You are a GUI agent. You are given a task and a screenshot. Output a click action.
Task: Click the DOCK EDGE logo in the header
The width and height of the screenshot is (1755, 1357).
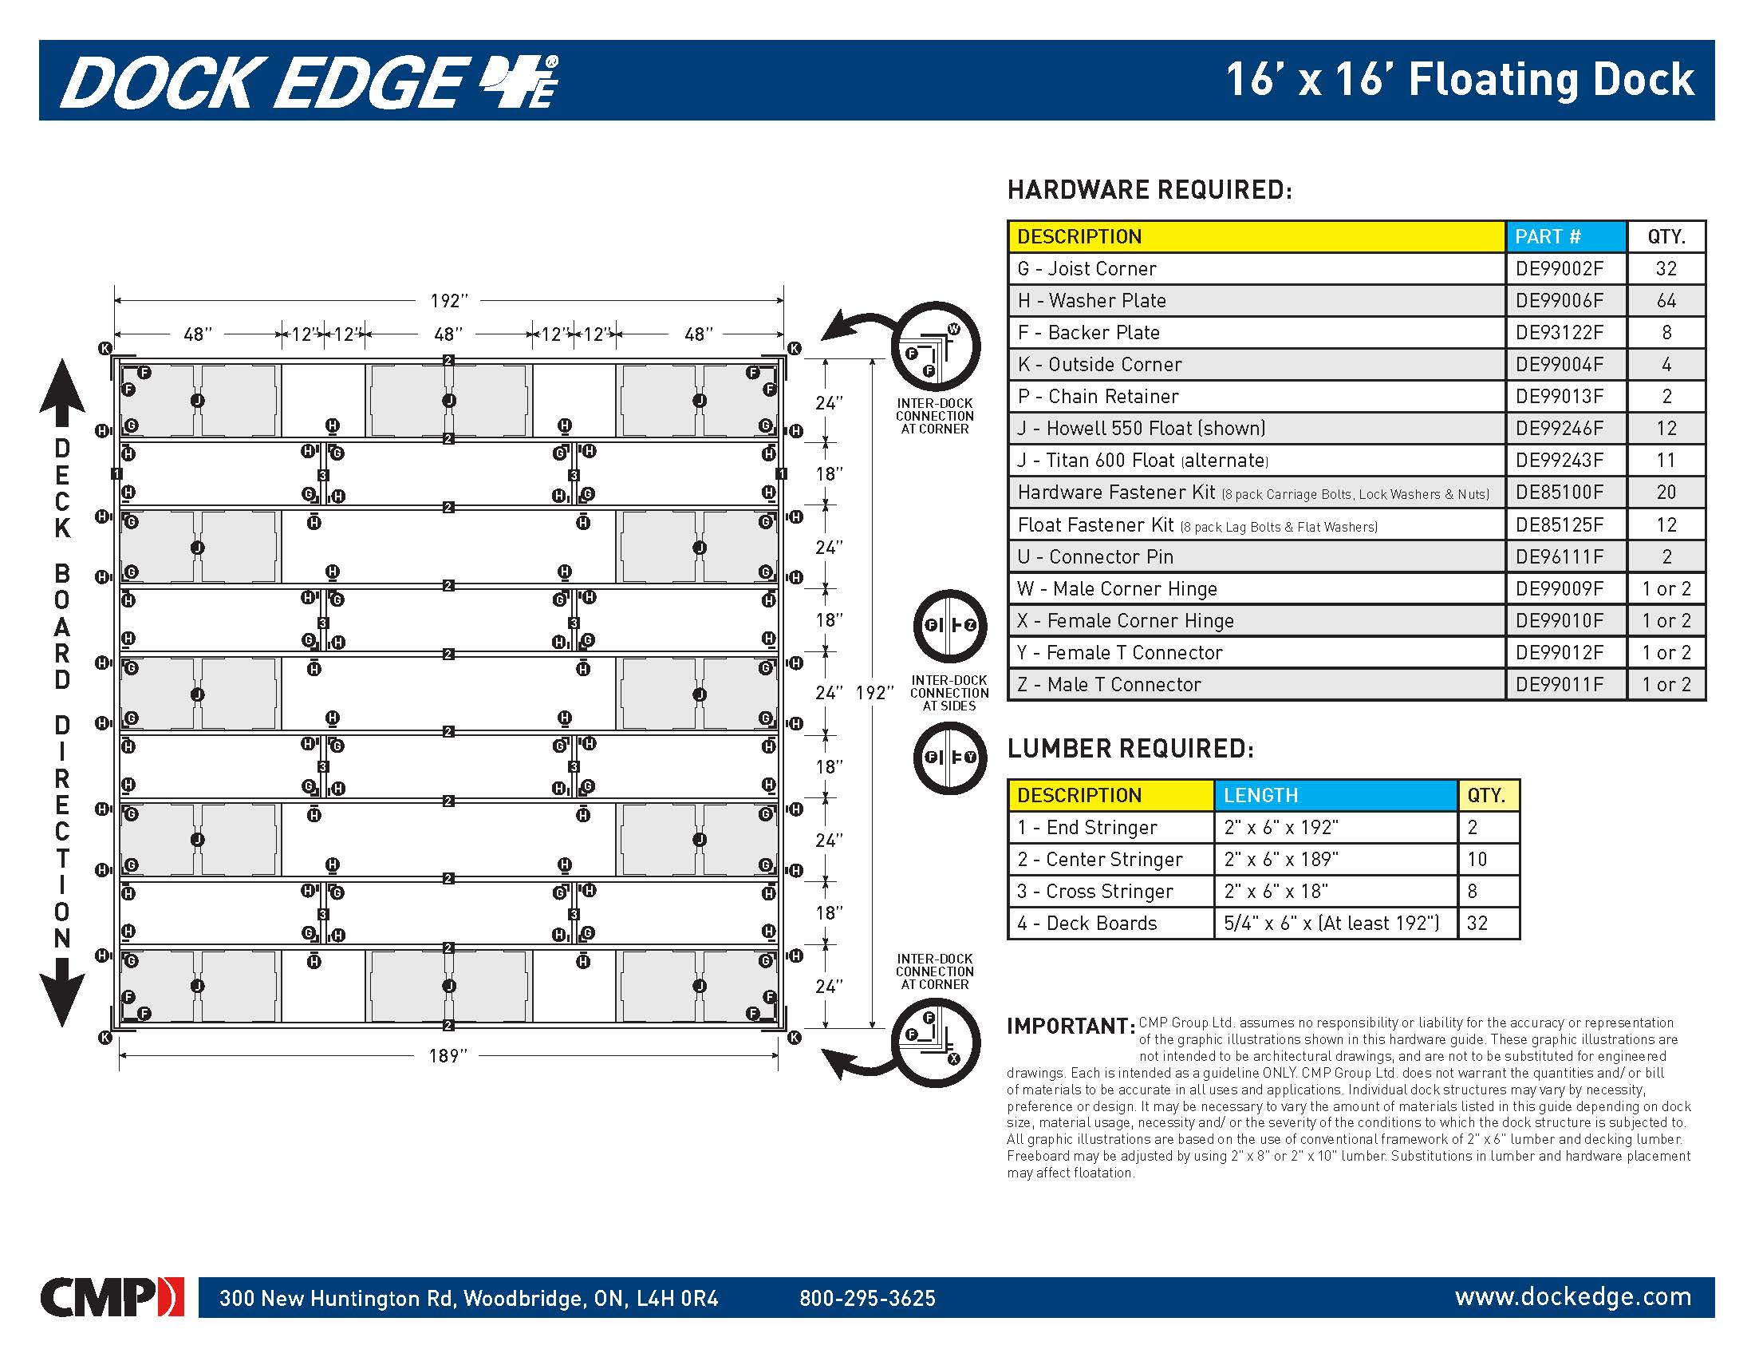coord(310,82)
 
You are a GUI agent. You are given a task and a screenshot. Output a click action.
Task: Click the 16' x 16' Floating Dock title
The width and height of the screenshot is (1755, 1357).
coord(1459,81)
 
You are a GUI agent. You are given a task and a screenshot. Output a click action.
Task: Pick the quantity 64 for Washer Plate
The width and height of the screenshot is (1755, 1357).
coord(1666,301)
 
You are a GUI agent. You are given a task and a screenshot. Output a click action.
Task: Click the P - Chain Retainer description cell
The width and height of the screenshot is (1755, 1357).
coord(1098,397)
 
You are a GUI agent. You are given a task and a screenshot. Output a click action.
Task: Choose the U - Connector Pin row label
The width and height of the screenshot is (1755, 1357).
coord(1094,556)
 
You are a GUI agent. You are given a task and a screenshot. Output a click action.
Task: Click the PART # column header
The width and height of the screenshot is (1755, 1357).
coord(1547,236)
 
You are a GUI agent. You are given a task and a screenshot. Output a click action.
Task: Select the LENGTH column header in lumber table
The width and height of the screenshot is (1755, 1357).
coord(1260,795)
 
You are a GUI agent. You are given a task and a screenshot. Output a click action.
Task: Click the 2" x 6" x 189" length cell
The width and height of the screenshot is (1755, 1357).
coord(1281,860)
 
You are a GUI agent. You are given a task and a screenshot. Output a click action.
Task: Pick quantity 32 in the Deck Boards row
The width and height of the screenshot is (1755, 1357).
coord(1477,923)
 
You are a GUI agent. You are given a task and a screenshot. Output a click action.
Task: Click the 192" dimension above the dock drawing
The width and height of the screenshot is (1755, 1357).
coord(448,301)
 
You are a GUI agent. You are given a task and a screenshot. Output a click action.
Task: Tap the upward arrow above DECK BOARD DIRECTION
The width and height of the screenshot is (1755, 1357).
coord(62,391)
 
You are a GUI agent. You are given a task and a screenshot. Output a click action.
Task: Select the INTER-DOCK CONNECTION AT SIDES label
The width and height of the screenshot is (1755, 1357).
coord(949,693)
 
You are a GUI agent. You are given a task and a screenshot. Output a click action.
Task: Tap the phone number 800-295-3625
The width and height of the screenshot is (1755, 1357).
coord(867,1298)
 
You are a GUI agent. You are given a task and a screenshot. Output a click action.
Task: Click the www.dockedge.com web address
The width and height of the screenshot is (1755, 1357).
coord(1572,1296)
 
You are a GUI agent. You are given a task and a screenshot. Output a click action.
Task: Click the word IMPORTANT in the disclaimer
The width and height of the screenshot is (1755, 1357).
coord(1070,1027)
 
